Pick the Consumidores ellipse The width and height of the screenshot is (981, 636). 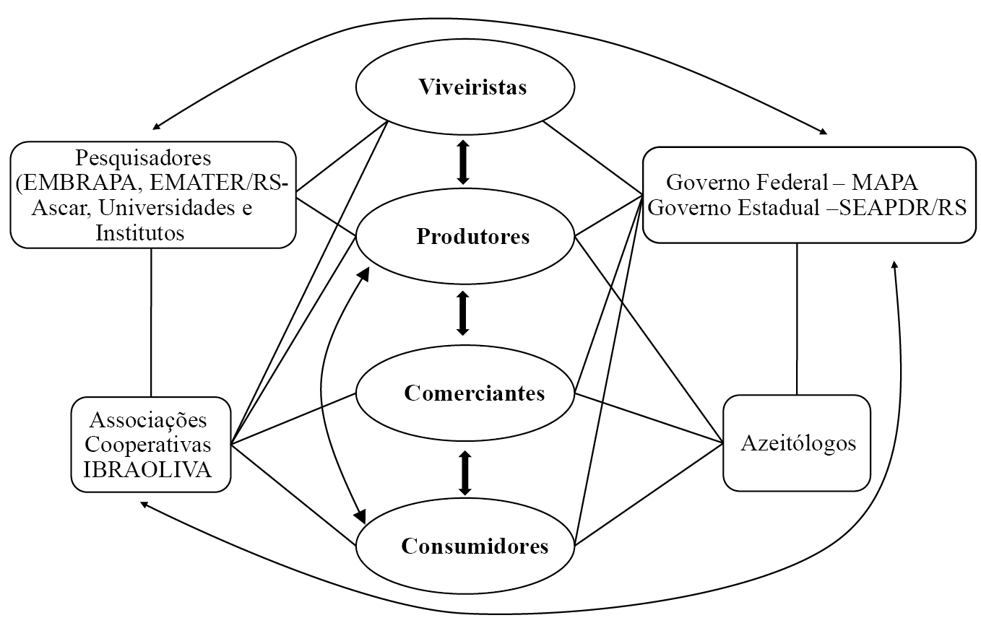(x=465, y=546)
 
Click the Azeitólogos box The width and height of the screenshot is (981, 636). (x=798, y=443)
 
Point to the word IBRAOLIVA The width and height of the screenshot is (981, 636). (x=148, y=470)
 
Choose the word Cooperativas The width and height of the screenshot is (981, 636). (x=148, y=445)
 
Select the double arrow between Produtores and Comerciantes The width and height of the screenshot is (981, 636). (x=463, y=312)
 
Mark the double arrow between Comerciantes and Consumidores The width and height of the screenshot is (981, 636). (x=464, y=473)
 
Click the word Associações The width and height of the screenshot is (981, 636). (x=148, y=420)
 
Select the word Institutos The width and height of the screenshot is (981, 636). (x=140, y=232)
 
